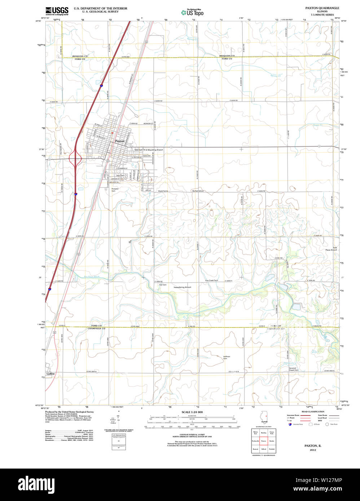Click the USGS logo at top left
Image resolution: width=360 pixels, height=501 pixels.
pyautogui.click(x=57, y=10)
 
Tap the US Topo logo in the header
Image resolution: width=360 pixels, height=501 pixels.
pyautogui.click(x=192, y=13)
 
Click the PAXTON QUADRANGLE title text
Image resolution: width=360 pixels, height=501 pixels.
pyautogui.click(x=322, y=8)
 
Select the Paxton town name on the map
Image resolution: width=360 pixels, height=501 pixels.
pyautogui.click(x=119, y=141)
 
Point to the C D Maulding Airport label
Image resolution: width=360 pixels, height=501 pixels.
pyautogui.click(x=154, y=150)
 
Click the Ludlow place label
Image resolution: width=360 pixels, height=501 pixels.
pyautogui.click(x=51, y=374)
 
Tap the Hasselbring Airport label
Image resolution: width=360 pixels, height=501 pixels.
pyautogui.click(x=182, y=287)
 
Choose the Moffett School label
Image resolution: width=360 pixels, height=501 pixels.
pyautogui.click(x=198, y=191)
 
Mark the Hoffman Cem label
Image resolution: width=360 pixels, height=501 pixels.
pyautogui.click(x=227, y=358)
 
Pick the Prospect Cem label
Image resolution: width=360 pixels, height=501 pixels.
pyautogui.click(x=115, y=190)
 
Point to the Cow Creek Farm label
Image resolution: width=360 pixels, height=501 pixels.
pyautogui.click(x=211, y=280)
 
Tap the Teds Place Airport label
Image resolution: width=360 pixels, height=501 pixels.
pyautogui.click(x=331, y=249)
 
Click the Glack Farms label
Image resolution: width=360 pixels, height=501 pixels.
pyautogui.click(x=163, y=191)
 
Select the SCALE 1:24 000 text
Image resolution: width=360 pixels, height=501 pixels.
pyautogui.click(x=192, y=412)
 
